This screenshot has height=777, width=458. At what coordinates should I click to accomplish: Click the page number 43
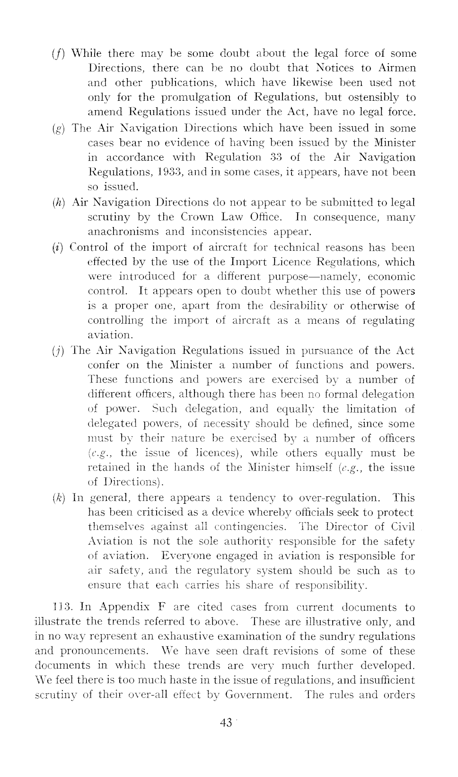pyautogui.click(x=226, y=734)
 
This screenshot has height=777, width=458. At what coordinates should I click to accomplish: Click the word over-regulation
pyautogui.click(x=339, y=498)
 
